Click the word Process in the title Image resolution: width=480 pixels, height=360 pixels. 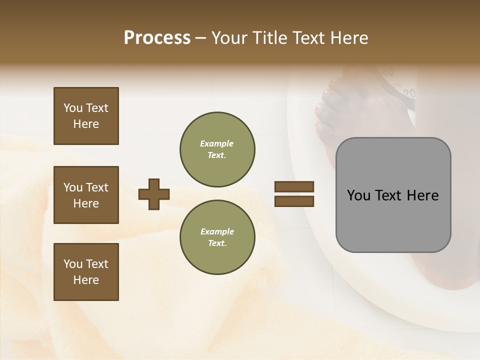157,38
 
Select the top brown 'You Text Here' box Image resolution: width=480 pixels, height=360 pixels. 86,116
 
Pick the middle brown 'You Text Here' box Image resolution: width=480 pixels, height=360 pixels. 86,195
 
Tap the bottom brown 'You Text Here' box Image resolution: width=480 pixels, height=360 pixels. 86,272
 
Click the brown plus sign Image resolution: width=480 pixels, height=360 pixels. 154,194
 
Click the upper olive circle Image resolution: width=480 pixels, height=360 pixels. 217,149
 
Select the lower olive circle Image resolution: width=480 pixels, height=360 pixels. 217,237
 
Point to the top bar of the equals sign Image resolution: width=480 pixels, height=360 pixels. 294,186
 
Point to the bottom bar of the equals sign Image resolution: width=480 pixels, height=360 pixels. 294,201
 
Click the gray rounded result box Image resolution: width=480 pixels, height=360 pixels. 393,195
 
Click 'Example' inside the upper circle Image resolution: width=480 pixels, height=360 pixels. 217,143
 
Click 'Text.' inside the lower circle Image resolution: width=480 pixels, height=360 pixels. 217,243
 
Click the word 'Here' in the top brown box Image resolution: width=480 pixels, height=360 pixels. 86,124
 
